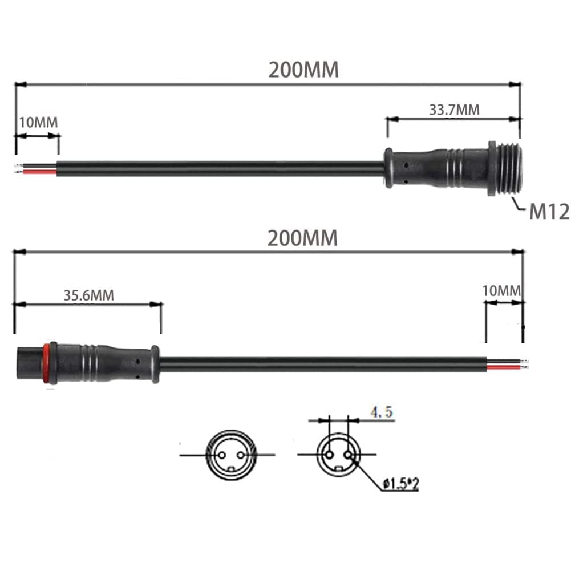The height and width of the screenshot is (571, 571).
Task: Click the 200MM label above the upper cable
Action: coord(303,70)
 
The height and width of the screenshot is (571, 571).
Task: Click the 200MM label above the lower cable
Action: coord(302,238)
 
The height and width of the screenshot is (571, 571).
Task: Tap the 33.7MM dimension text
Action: coord(454,110)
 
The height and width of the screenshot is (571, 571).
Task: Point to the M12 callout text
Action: coord(549,212)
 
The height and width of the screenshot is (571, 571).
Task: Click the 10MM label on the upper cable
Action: coord(38,122)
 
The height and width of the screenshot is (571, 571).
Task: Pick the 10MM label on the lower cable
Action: coord(502,290)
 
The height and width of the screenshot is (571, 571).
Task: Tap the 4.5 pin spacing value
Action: coord(380,413)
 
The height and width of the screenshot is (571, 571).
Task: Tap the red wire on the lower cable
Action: coord(504,367)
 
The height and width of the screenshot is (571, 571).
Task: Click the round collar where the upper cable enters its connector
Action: coord(388,168)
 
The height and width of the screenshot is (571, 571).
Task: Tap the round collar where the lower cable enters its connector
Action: coord(155,364)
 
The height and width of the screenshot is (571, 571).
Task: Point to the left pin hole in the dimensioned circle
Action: coord(329,455)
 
